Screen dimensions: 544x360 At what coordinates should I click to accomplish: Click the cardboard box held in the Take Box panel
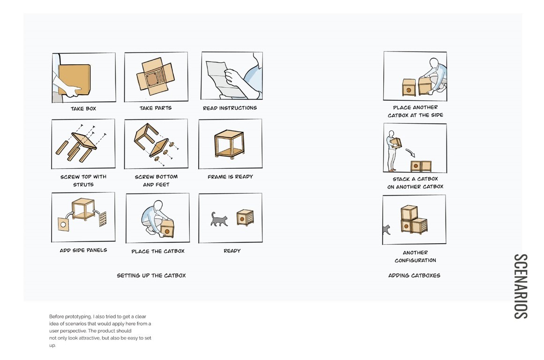pos(74,80)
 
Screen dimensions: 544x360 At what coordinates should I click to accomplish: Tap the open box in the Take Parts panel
pos(155,76)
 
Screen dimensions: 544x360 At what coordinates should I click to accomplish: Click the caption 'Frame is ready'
pos(230,177)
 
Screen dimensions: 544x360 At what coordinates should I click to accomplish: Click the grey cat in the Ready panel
pos(219,219)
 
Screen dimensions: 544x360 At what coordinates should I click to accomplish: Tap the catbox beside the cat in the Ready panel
pos(245,217)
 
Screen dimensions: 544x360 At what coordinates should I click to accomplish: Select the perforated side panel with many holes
pos(103,219)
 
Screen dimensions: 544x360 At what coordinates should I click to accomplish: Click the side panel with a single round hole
pos(63,224)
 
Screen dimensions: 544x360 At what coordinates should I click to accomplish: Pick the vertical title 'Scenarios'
pos(521,286)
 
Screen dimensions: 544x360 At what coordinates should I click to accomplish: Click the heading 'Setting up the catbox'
pos(151,275)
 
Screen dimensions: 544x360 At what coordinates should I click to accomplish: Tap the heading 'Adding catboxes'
pos(414,275)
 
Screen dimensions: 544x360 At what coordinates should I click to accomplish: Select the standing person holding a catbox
pos(393,150)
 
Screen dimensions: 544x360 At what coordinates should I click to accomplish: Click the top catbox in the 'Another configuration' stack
pos(409,212)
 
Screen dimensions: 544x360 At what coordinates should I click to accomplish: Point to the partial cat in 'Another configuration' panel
pos(386,230)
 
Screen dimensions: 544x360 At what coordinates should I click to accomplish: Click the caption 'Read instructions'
pos(230,108)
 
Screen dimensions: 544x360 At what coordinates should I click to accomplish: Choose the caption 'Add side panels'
pos(83,250)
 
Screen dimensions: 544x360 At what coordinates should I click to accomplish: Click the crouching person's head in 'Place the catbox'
pos(158,205)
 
